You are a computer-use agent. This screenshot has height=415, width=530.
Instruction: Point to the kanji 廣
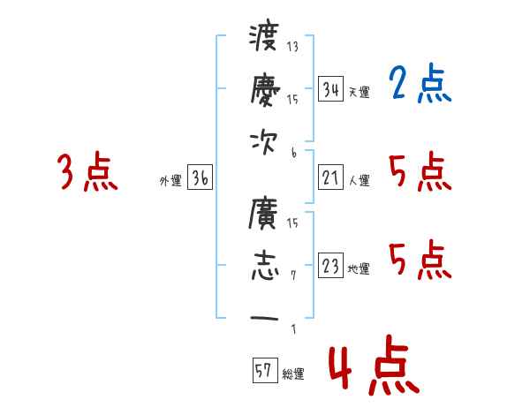264,215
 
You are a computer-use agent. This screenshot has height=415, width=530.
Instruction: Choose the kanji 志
264,265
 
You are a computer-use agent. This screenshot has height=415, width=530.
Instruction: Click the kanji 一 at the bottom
264,319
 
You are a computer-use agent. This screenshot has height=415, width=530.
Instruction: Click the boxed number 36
200,178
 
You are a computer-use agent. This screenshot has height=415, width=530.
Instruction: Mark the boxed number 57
263,372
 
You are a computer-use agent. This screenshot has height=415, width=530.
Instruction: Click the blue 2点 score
420,85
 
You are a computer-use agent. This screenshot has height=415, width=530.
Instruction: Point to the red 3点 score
87,171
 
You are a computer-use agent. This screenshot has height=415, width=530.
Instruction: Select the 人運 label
359,181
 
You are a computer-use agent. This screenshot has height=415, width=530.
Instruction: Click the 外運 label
170,181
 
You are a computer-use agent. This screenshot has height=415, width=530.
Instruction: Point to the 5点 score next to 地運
420,260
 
